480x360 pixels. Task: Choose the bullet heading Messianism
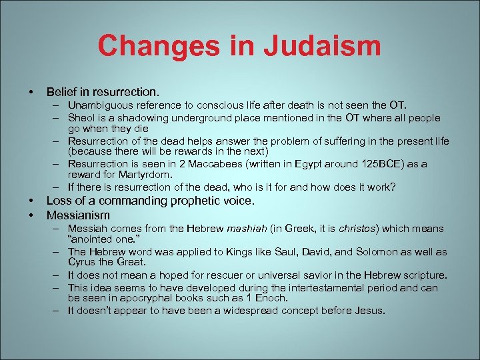click(x=78, y=215)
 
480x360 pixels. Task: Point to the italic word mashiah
click(x=247, y=229)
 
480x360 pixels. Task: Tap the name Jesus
click(x=370, y=311)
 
